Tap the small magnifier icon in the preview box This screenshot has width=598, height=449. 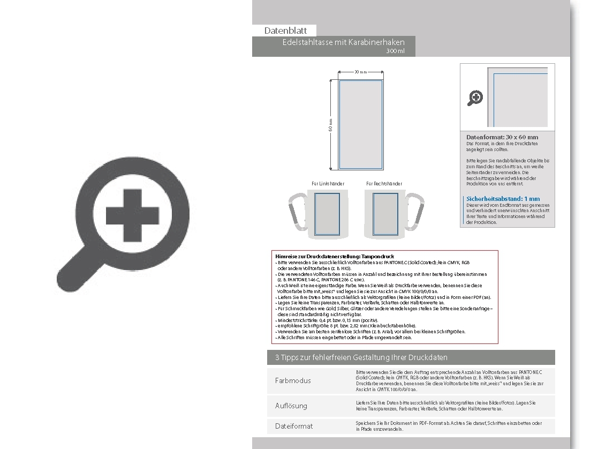tap(475, 98)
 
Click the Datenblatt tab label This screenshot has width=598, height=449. tap(285, 31)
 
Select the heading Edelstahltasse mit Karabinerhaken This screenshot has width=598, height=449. tap(343, 42)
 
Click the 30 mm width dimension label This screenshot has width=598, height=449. tap(360, 72)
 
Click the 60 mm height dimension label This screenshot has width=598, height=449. tap(331, 124)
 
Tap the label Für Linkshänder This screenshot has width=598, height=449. tap(328, 184)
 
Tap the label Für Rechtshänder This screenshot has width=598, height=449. tap(384, 184)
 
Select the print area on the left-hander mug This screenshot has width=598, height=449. tap(327, 214)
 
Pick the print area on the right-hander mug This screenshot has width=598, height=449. tap(385, 214)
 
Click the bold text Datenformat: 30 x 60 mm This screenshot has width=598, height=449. tap(502, 137)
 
